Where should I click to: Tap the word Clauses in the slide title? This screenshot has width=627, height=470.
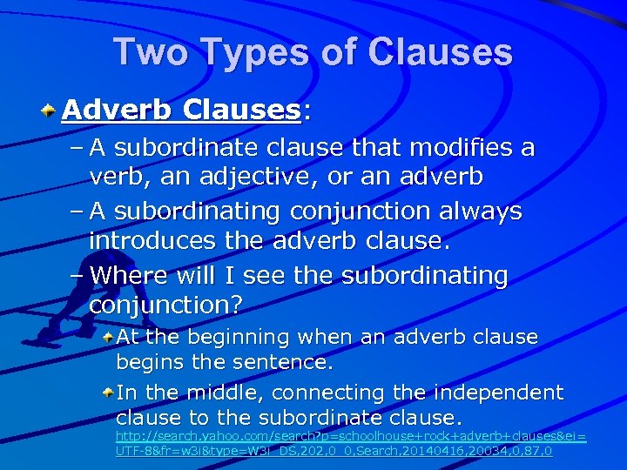pos(441,53)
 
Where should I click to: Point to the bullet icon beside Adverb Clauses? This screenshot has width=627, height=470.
pos(51,111)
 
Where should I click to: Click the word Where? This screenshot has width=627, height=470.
pos(129,276)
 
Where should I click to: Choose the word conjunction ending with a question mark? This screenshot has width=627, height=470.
pos(166,305)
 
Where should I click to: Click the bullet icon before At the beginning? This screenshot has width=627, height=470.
pos(106,336)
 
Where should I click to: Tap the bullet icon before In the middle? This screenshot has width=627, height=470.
pos(106,393)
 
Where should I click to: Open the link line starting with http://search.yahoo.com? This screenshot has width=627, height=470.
pos(351,433)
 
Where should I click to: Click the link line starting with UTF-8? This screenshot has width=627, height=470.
pos(334,451)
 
